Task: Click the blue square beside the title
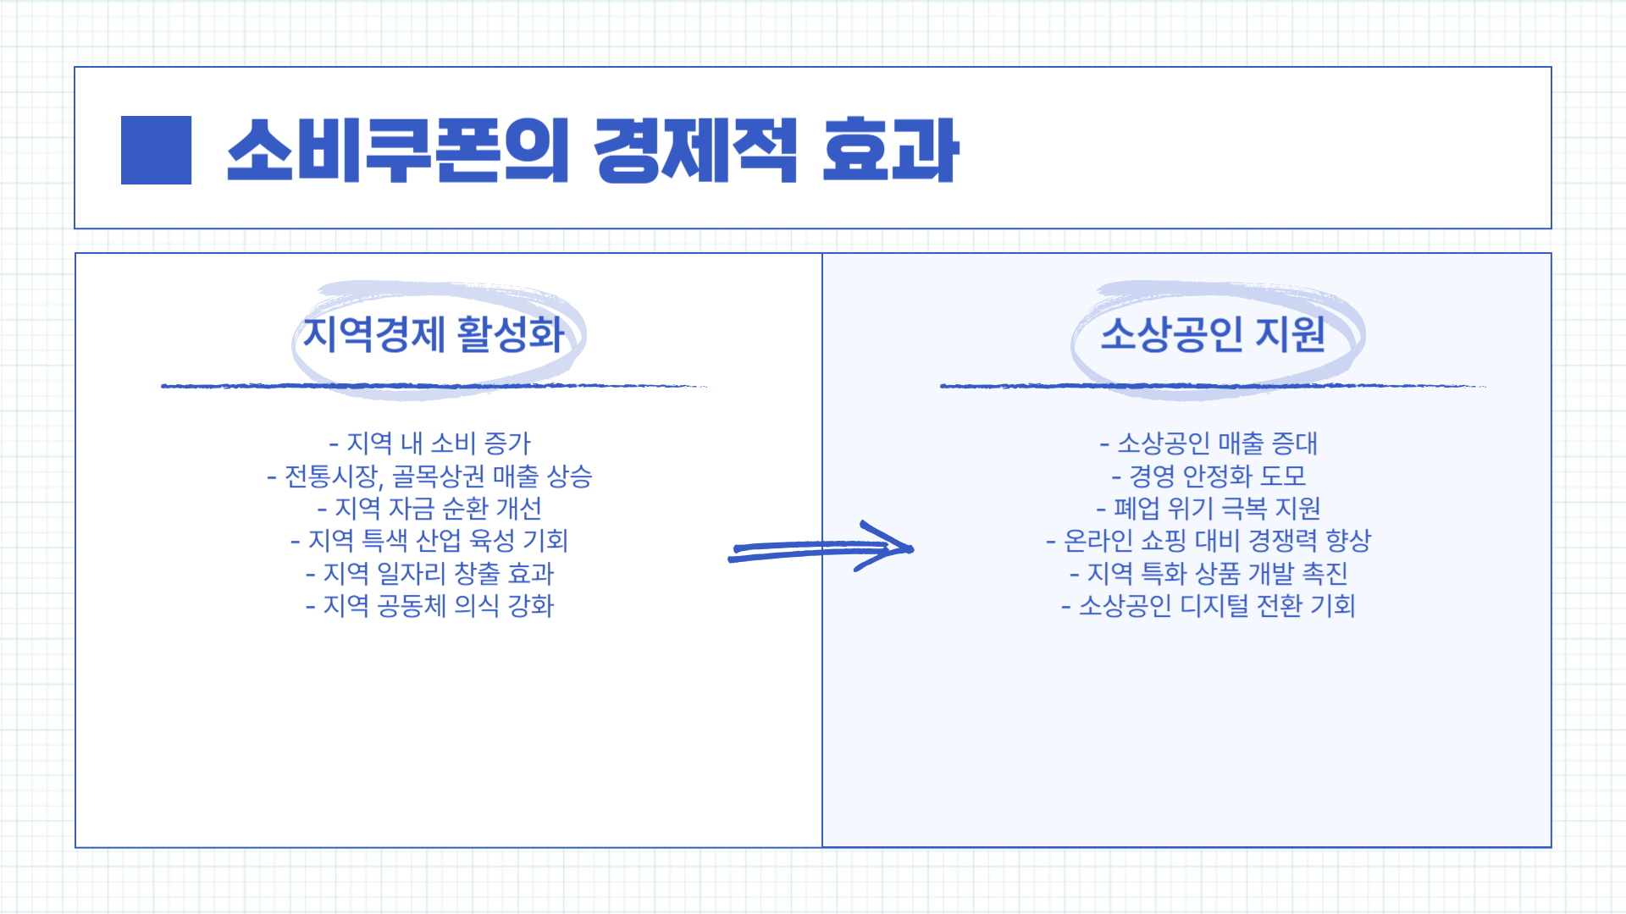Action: pyautogui.click(x=156, y=150)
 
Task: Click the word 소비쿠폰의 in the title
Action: pyautogui.click(x=397, y=150)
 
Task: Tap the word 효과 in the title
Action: pyautogui.click(x=890, y=150)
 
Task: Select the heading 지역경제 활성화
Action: pyautogui.click(x=434, y=333)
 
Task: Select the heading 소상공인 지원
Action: pyautogui.click(x=1213, y=333)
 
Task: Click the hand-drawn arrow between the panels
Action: pyautogui.click(x=820, y=548)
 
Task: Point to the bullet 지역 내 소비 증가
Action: pyautogui.click(x=430, y=443)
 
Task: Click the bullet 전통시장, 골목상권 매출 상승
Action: pyautogui.click(x=430, y=476)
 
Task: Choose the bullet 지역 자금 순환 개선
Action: pyautogui.click(x=430, y=508)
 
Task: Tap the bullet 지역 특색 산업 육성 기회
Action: pyautogui.click(x=430, y=540)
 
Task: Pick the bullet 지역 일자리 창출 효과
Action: pyautogui.click(x=430, y=573)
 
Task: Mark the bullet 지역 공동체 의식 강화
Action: pyautogui.click(x=430, y=605)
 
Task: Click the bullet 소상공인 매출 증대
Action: pyautogui.click(x=1209, y=443)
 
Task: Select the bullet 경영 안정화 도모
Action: pyautogui.click(x=1209, y=476)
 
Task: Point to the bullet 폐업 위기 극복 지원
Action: pyautogui.click(x=1209, y=508)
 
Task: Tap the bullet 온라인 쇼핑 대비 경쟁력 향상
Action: pyautogui.click(x=1209, y=540)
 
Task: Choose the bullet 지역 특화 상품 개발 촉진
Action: pyautogui.click(x=1209, y=573)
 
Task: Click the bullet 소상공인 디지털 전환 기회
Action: pyautogui.click(x=1209, y=605)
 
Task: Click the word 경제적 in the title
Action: pyautogui.click(x=695, y=150)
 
